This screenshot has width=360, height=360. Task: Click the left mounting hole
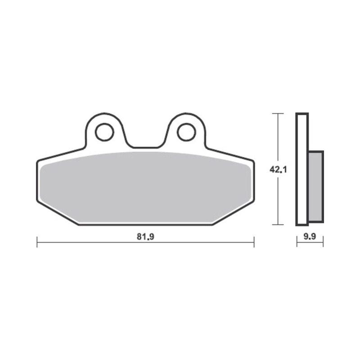(104, 131)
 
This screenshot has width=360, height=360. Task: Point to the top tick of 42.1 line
(279, 113)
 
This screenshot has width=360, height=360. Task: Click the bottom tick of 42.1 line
(279, 225)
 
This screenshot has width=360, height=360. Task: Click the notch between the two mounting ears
(144, 146)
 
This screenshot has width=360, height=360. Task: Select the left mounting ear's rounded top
(104, 114)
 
